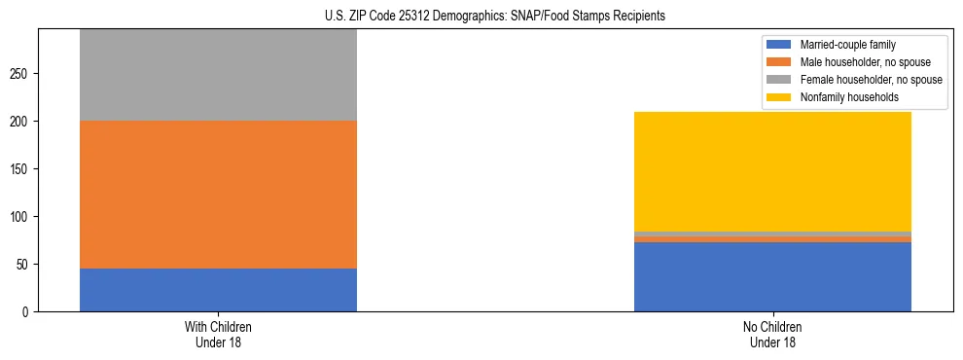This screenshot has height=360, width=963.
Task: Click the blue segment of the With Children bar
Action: pos(218,289)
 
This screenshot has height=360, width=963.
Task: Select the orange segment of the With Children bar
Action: pos(218,195)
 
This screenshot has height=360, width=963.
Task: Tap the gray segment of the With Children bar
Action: pos(218,75)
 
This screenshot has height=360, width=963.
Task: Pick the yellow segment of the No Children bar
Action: pos(772,171)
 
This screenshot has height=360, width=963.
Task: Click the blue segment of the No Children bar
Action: pos(772,276)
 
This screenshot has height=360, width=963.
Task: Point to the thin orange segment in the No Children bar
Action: pos(772,239)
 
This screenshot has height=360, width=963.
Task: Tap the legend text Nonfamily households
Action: pos(842,97)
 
